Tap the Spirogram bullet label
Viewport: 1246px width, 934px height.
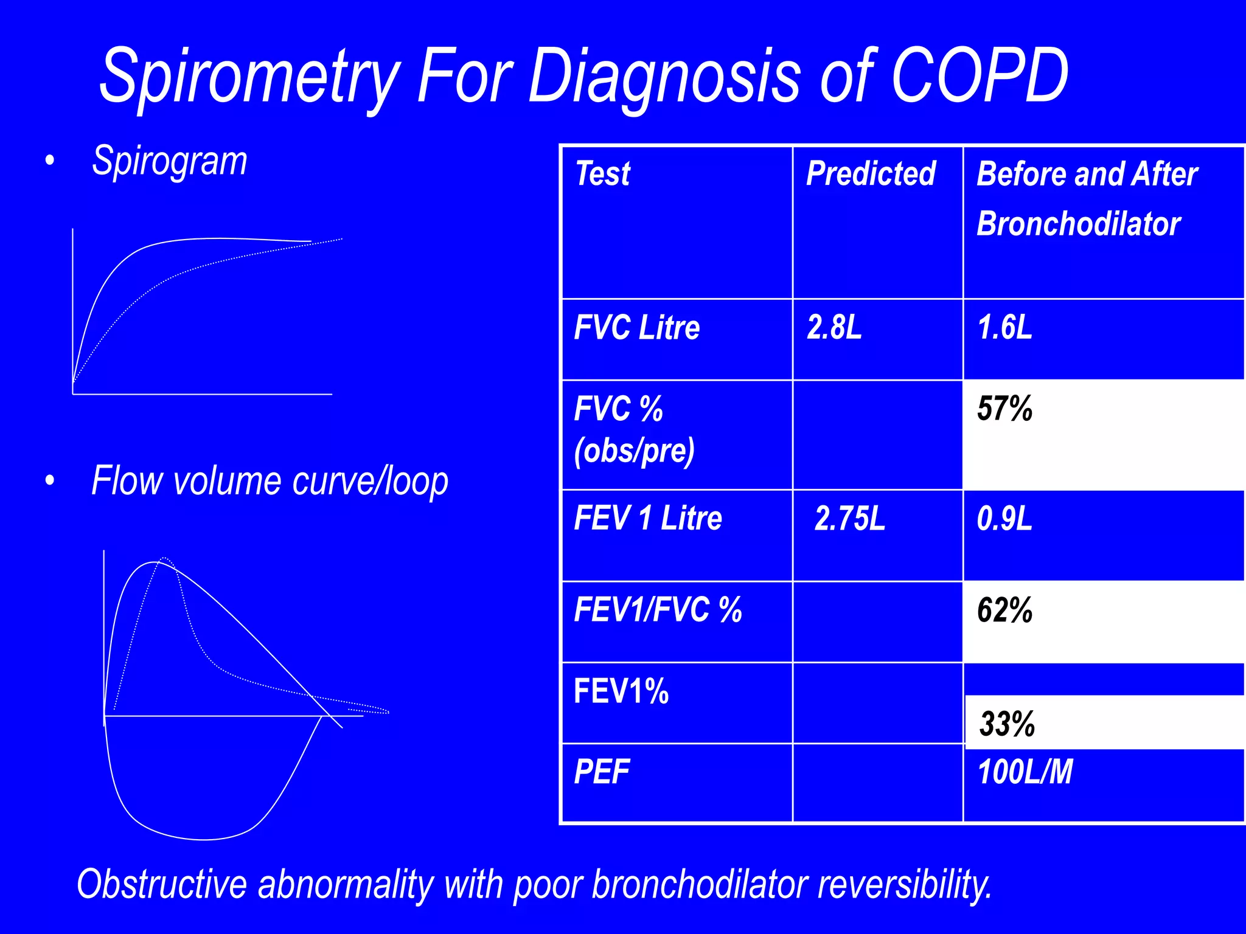(170, 162)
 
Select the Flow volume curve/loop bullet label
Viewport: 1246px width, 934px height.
(270, 482)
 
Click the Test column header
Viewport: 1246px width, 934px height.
(602, 174)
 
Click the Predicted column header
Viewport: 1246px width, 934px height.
(871, 174)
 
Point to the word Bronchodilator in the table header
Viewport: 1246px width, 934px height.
(1078, 224)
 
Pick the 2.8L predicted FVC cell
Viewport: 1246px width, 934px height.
(834, 328)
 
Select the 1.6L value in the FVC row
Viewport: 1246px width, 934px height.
(1004, 328)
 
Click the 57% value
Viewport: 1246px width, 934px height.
(1004, 409)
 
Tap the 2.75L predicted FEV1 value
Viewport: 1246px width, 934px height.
(849, 519)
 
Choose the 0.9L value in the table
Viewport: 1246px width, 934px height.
(1004, 519)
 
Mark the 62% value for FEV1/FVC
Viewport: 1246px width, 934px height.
(1004, 611)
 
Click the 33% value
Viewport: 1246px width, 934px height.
(1007, 724)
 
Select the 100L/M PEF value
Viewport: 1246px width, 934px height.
(1025, 772)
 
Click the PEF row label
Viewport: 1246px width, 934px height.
(601, 772)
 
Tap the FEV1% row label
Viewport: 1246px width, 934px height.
(621, 692)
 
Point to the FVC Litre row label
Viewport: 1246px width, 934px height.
(636, 328)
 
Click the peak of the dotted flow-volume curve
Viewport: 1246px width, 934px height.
(164, 558)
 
